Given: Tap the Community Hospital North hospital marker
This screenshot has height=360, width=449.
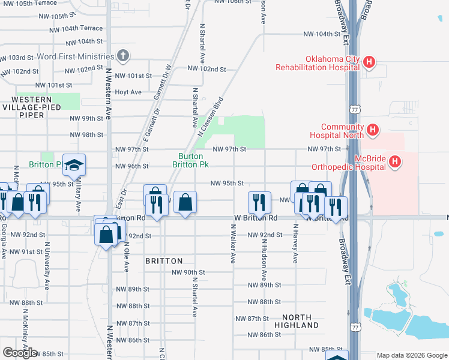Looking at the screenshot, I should [x=372, y=130].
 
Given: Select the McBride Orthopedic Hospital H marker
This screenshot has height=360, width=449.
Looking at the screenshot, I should [x=394, y=161].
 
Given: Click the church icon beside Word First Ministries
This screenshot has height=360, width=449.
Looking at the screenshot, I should [x=123, y=56].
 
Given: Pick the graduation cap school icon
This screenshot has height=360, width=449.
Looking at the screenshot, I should [x=74, y=165].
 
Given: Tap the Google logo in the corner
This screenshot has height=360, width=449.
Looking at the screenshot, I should [x=20, y=353].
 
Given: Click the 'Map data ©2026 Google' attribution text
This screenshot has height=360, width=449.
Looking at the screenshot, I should [x=412, y=355].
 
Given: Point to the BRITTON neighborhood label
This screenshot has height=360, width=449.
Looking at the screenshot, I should [x=164, y=261].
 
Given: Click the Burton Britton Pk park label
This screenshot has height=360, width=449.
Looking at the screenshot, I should [x=191, y=160].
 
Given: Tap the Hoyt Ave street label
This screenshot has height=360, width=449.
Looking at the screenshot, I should [x=128, y=92].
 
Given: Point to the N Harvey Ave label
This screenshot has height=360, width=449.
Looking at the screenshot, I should [x=295, y=244].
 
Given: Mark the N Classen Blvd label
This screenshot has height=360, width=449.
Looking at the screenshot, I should [x=211, y=117].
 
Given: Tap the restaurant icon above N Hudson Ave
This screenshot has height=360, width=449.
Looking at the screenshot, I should [x=259, y=202].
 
